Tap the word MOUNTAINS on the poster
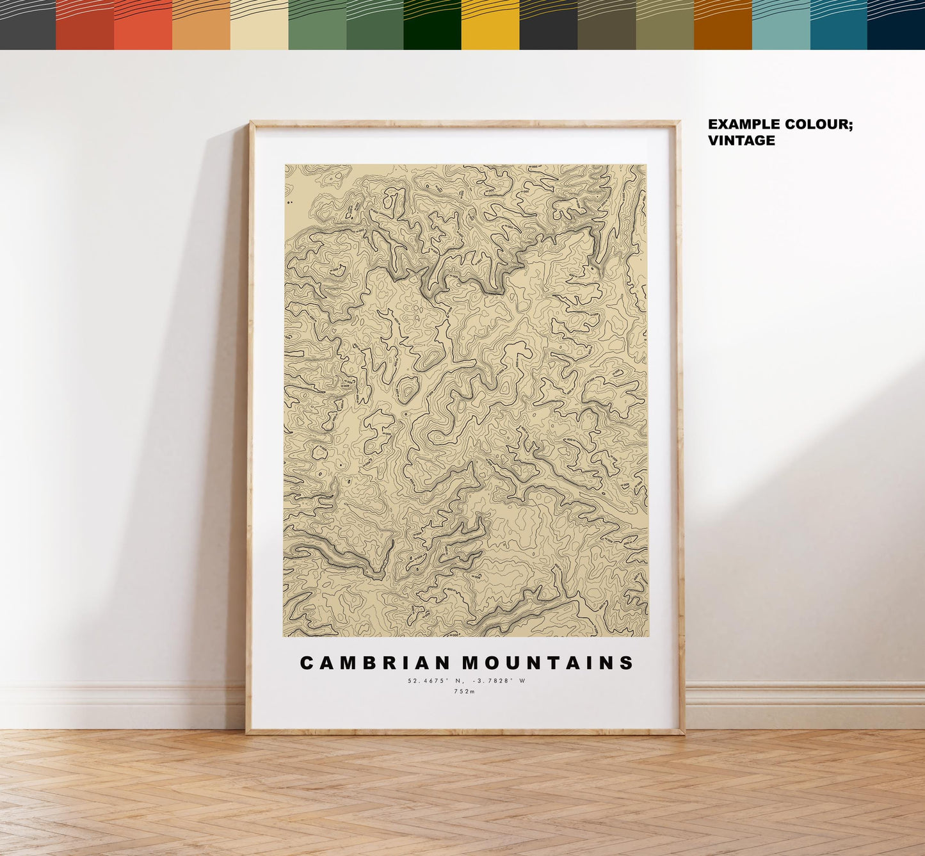(x=548, y=663)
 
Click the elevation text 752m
(x=465, y=691)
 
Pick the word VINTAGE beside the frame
(x=741, y=141)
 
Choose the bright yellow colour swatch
(x=490, y=25)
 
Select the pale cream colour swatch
(x=259, y=25)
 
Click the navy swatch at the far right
(x=896, y=25)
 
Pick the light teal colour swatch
(x=780, y=25)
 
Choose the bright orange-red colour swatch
(x=143, y=25)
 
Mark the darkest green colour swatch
(x=432, y=25)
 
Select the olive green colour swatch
(x=664, y=25)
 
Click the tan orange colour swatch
(x=201, y=25)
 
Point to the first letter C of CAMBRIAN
(x=307, y=663)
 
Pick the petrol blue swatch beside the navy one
(x=839, y=25)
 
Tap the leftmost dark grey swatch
(x=28, y=25)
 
